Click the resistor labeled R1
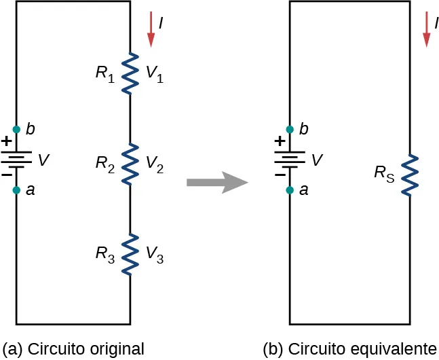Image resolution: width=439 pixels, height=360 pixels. point(130,73)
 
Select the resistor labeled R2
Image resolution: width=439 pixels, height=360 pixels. point(130,164)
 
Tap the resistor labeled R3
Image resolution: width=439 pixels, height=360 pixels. point(130,254)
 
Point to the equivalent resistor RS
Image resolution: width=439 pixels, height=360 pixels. point(408,175)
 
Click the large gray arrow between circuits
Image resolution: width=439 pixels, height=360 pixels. point(216,182)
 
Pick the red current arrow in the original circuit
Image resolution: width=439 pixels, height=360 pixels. point(151,33)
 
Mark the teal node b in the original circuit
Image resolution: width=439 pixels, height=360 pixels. point(16,129)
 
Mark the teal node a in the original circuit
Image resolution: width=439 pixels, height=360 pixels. point(16,190)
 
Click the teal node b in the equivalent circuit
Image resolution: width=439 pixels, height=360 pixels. point(290,129)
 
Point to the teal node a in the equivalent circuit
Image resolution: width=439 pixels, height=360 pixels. point(290,190)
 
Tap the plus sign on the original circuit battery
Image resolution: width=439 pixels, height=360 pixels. point(7,142)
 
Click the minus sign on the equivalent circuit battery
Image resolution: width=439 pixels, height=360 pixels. point(280,175)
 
